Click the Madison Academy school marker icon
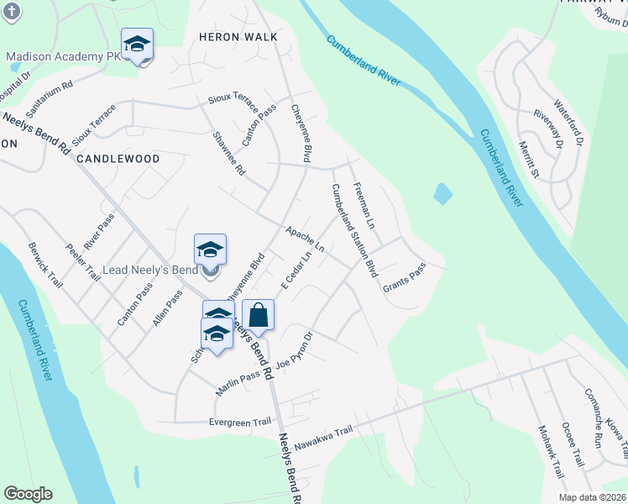(x=137, y=43)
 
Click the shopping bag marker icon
(x=258, y=315)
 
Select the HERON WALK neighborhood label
(x=232, y=37)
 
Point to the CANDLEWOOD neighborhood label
(x=118, y=158)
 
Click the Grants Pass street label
(x=405, y=278)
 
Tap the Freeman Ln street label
(x=364, y=207)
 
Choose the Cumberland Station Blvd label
(x=353, y=231)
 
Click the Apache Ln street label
(x=304, y=239)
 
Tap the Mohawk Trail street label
(x=551, y=454)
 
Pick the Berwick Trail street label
(x=44, y=262)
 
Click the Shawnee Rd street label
(x=228, y=154)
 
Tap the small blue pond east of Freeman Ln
(x=442, y=194)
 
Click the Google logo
(x=28, y=494)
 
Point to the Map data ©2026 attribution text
(x=593, y=497)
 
